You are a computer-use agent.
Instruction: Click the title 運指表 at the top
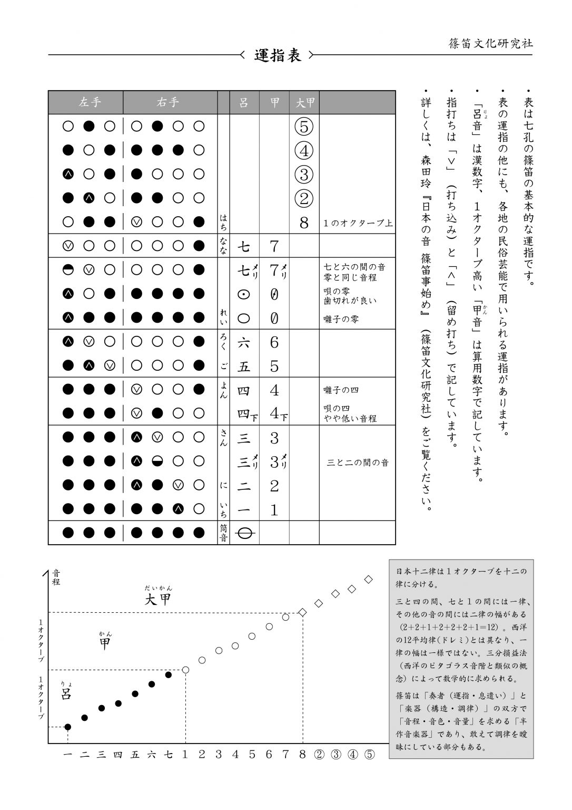point(278,55)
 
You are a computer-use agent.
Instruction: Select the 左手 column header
point(90,102)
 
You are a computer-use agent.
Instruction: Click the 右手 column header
point(169,102)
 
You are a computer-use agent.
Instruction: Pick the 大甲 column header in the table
point(305,103)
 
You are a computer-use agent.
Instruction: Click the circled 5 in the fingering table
point(304,127)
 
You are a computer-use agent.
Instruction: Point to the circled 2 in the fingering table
point(304,198)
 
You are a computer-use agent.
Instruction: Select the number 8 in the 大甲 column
point(304,223)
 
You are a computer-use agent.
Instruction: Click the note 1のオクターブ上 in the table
point(358,223)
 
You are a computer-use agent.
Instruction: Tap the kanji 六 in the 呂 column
point(244,343)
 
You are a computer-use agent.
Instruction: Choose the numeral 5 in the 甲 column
point(274,367)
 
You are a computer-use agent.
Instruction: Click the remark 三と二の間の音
point(358,462)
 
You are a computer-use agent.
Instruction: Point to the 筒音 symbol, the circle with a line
point(244,534)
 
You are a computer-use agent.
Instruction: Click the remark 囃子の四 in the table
point(341,390)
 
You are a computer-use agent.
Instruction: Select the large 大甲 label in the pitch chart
point(158,600)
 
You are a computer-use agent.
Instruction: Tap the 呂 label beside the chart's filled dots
point(66,694)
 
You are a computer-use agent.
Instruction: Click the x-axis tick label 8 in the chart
point(302,754)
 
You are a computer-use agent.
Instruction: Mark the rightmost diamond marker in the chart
point(369,580)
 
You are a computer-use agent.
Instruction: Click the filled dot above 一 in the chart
point(67,727)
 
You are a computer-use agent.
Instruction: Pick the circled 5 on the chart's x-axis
point(369,754)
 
